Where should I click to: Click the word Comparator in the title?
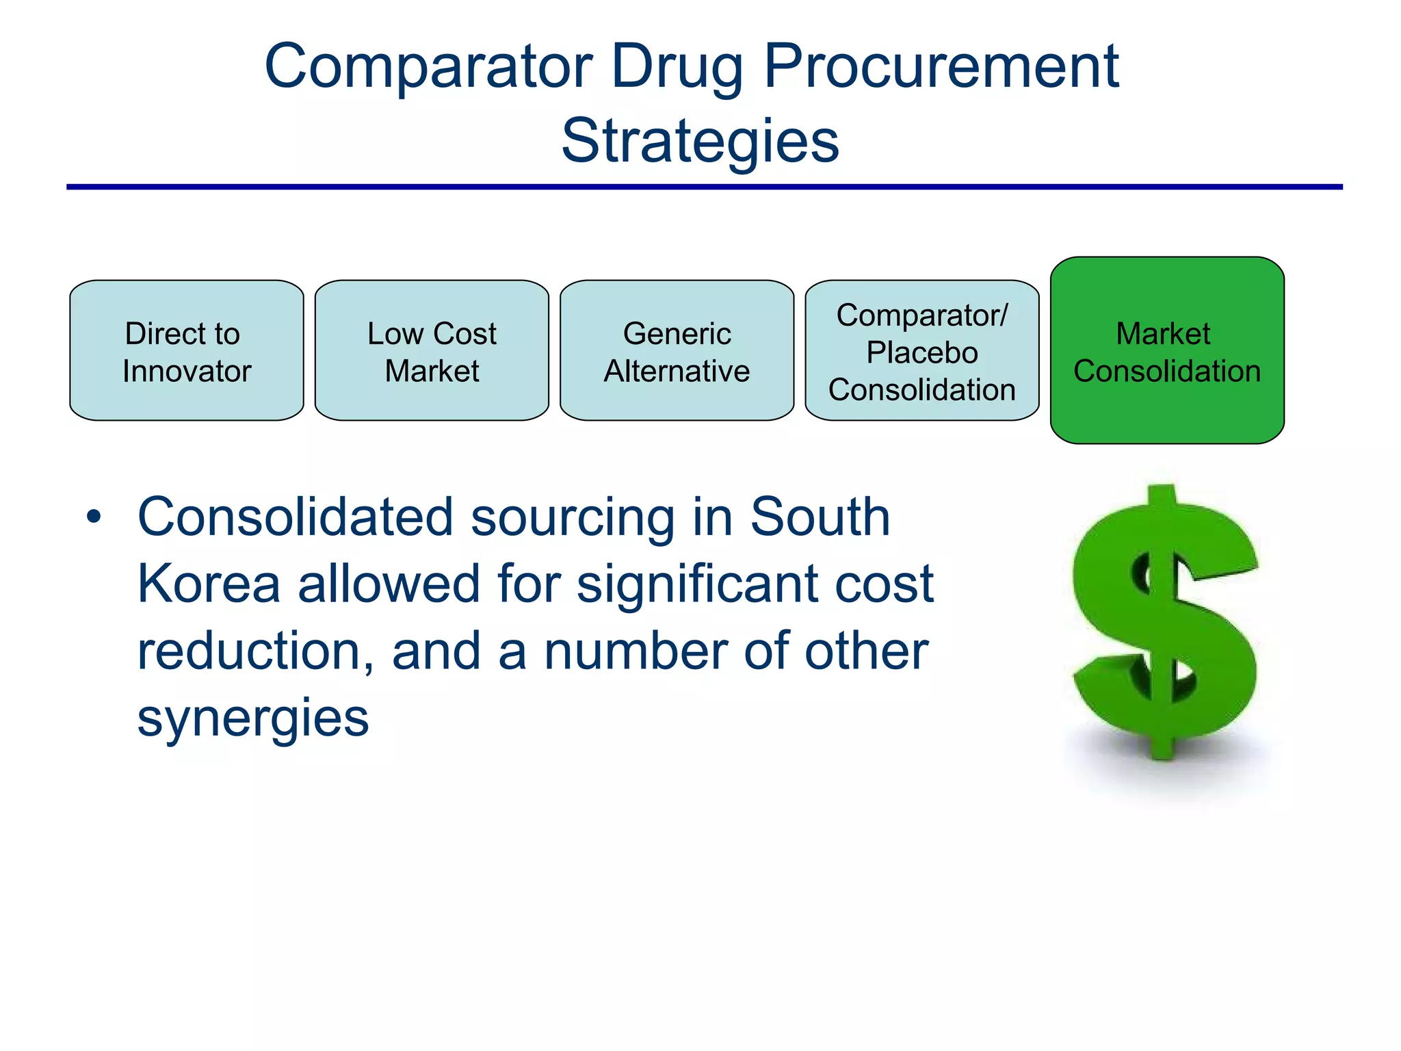coord(428,66)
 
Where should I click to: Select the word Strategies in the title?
coord(700,140)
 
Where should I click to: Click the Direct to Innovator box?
coord(186,350)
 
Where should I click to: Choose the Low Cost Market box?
coord(432,350)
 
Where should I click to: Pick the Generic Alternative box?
coord(677,350)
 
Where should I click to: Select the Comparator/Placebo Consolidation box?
coord(921,350)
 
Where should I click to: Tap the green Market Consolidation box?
coord(1166,350)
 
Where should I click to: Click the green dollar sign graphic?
coord(1165,623)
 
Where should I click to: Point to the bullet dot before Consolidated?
coord(94,517)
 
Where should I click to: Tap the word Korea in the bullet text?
coord(209,584)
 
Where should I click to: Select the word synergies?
coord(252,718)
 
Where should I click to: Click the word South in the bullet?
coord(820,517)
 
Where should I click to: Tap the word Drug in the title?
coord(677,66)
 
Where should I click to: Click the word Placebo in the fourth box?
coord(921,352)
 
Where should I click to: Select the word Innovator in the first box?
coord(186,371)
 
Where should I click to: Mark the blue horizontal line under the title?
coord(704,186)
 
